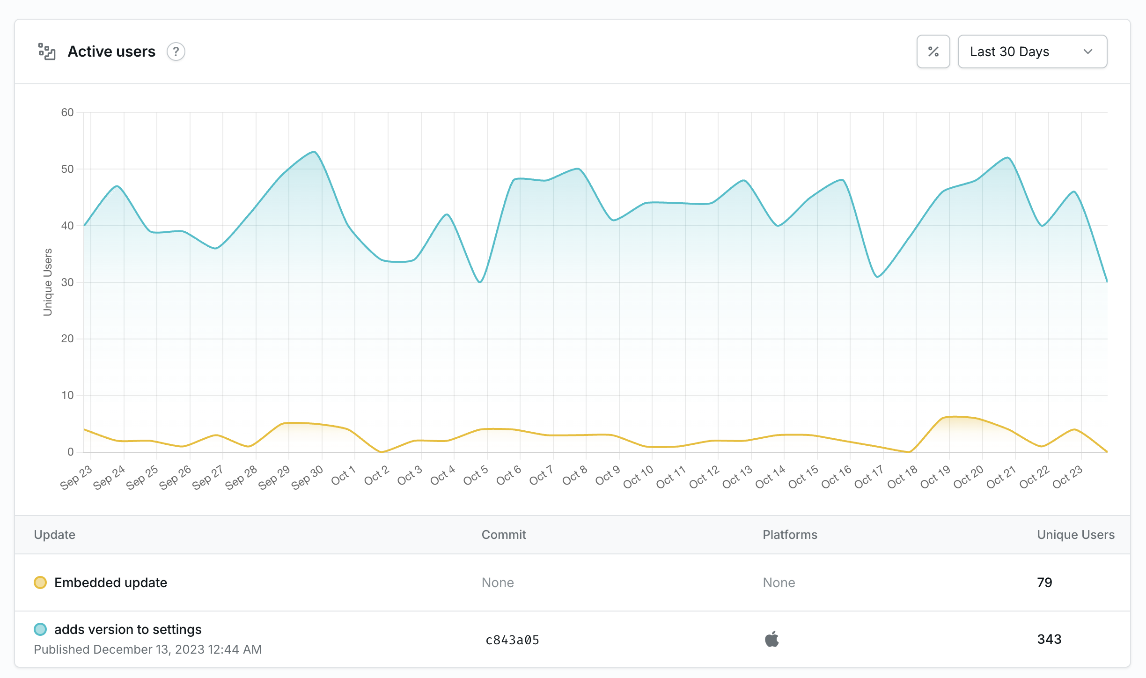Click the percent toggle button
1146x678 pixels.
(x=933, y=52)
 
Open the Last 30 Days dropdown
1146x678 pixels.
(x=1032, y=52)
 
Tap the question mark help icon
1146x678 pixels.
(x=176, y=52)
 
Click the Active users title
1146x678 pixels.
(x=111, y=52)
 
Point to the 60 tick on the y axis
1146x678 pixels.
(x=67, y=112)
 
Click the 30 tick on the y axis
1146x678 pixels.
(x=67, y=282)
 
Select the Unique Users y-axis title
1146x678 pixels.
(x=48, y=282)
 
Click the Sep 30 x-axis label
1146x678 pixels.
(x=307, y=477)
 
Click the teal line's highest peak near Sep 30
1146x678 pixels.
(x=314, y=152)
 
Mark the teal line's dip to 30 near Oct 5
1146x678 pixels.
(x=480, y=282)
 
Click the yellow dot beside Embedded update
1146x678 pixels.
(x=40, y=582)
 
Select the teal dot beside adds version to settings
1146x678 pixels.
(x=40, y=629)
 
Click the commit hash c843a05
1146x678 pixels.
(x=512, y=640)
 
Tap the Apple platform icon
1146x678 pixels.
(x=772, y=639)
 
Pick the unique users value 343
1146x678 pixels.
(x=1049, y=639)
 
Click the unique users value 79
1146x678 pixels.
(x=1044, y=582)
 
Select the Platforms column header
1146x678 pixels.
(x=790, y=535)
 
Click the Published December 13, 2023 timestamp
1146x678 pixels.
(x=148, y=649)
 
